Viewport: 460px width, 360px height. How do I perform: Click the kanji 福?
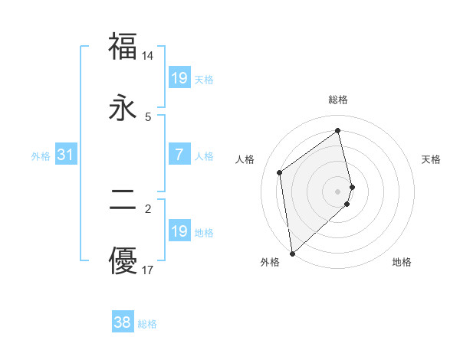pos(123,46)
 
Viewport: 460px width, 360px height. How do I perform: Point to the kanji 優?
pos(123,260)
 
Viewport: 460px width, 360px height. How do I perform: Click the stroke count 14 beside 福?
pos(148,56)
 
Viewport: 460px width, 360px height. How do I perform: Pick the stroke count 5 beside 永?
pos(148,117)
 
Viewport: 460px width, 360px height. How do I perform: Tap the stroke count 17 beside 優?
pos(148,270)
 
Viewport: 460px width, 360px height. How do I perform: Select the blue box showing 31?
pos(66,155)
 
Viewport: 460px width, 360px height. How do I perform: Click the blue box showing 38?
pos(123,322)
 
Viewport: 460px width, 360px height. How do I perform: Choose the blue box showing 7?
pos(179,155)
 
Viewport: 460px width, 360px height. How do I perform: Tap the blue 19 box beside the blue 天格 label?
pos(179,78)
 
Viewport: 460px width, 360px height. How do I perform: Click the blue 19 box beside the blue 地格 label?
pos(179,231)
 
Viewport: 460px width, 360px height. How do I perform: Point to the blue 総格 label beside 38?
pos(147,324)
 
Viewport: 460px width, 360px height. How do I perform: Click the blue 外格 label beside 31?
pos(41,156)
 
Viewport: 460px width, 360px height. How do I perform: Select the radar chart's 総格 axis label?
pos(338,100)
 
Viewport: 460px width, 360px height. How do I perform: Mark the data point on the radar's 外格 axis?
pos(291,253)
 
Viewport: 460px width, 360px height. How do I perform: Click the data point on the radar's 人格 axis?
pos(280,172)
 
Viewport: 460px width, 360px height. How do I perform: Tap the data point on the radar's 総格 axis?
pos(338,131)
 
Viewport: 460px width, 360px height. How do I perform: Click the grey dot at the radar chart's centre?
pos(338,190)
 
